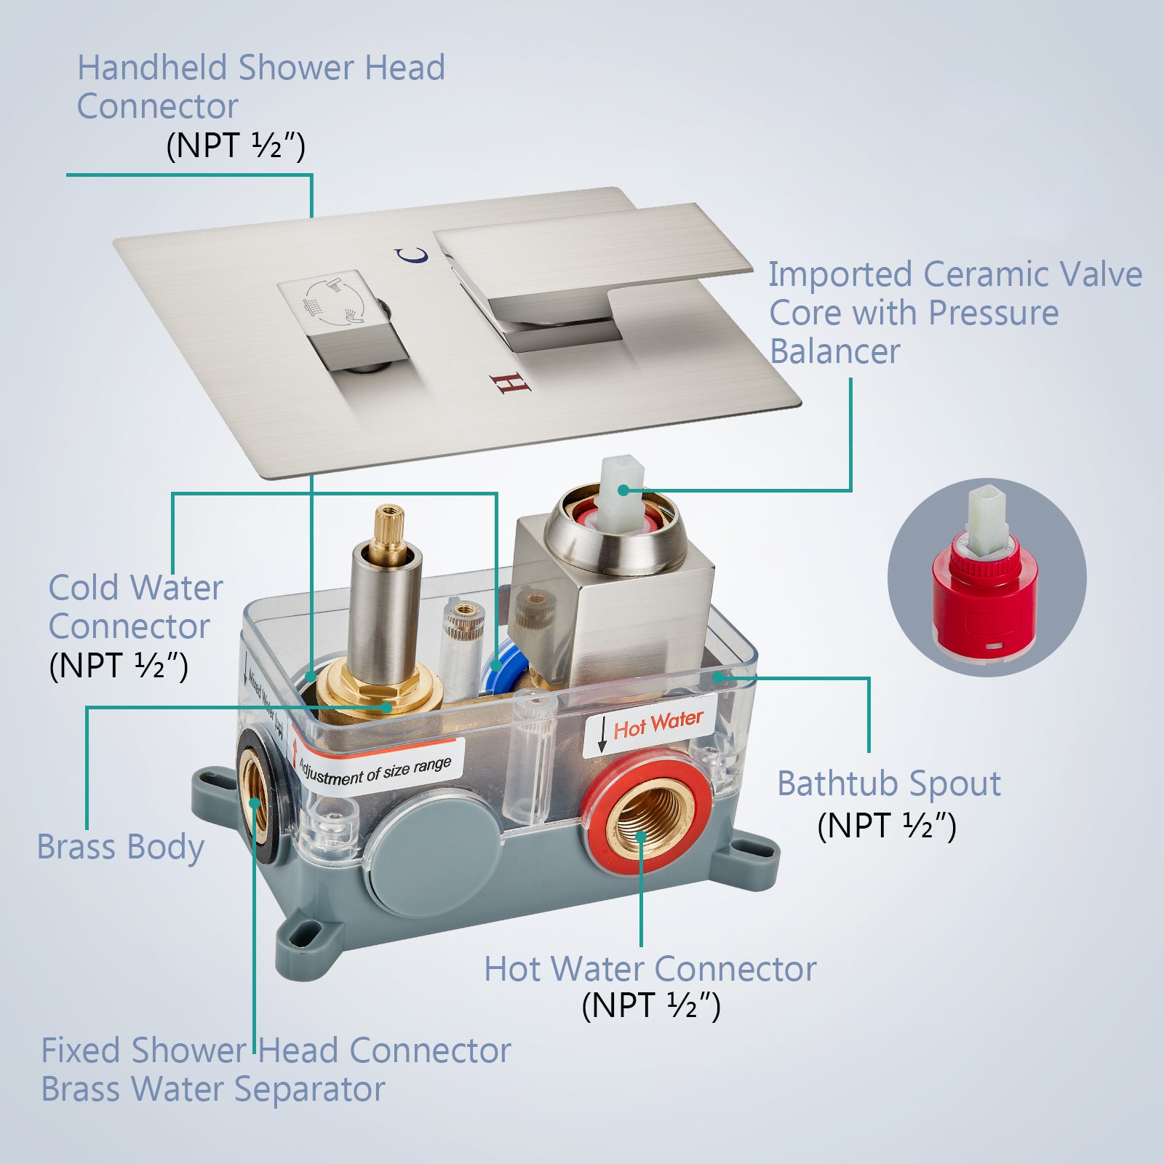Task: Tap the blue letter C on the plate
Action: [412, 255]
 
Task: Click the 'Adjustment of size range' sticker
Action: [376, 766]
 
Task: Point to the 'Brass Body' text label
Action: [120, 848]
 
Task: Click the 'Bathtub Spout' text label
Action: [889, 784]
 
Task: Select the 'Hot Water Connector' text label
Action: [650, 969]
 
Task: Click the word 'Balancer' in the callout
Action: [835, 351]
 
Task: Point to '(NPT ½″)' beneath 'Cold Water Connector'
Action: [119, 665]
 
